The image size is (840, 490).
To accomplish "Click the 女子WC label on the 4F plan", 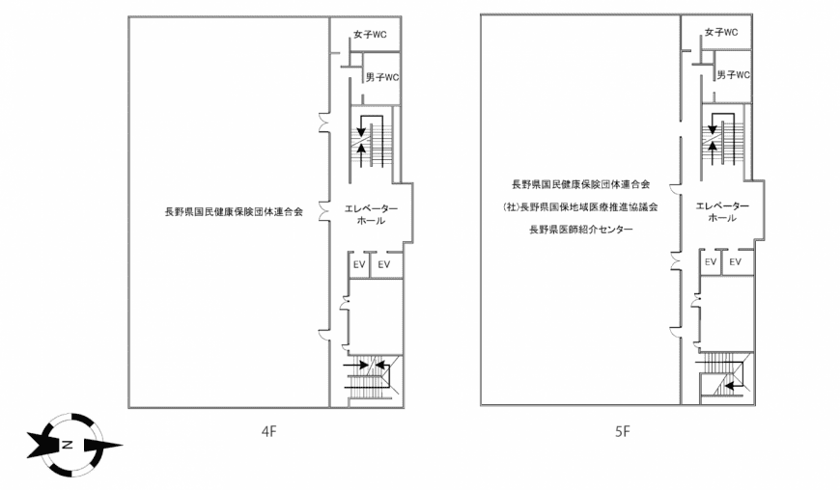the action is [x=370, y=34].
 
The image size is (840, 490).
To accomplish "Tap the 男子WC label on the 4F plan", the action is [x=382, y=77].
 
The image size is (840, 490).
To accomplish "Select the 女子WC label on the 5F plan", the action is [x=721, y=32].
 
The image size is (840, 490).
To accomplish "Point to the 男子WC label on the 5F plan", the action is [x=734, y=75].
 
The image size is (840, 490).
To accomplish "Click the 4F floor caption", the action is [x=269, y=431].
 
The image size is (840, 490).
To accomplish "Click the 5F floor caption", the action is [x=623, y=431].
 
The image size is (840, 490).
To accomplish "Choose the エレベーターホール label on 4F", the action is [x=371, y=214].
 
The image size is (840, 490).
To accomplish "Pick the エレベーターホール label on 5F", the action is [x=722, y=212].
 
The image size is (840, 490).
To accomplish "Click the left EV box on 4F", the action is [x=359, y=265].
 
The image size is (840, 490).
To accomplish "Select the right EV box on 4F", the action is [x=385, y=265].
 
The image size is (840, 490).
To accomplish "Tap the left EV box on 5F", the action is [x=711, y=262].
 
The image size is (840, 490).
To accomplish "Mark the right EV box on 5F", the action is [x=737, y=262].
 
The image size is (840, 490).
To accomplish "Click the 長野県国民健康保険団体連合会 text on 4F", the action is [x=234, y=212].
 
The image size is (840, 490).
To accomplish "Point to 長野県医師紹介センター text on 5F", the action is [x=581, y=230].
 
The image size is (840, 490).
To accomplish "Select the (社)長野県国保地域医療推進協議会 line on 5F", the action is [x=580, y=207].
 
